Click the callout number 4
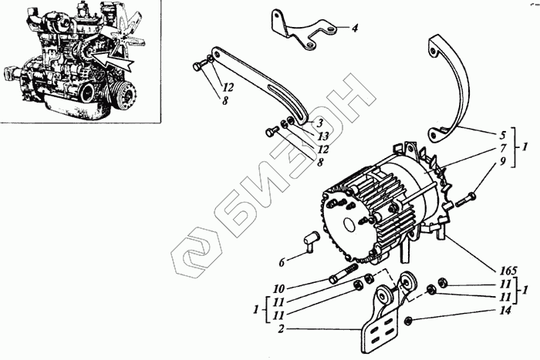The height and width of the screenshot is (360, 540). [355, 29]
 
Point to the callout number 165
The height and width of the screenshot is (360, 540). [508, 271]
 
